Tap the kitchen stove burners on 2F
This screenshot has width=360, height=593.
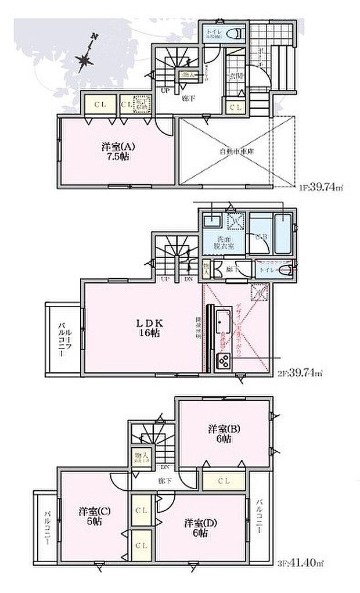[x=224, y=362]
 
